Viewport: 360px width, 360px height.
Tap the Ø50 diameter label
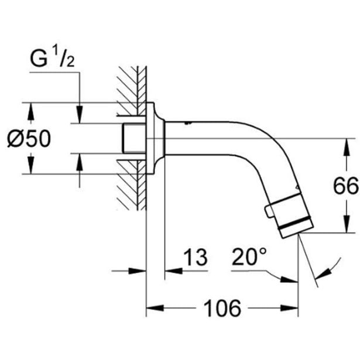[x=29, y=138]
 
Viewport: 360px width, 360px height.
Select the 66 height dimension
[x=346, y=186]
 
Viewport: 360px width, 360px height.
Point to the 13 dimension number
[x=196, y=257]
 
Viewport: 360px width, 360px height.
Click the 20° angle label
[x=249, y=256]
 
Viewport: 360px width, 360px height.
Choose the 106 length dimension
[x=222, y=308]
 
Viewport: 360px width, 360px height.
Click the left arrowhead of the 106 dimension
[x=155, y=308]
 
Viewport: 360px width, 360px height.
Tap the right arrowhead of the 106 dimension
[x=289, y=308]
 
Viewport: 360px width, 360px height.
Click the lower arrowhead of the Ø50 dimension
[x=31, y=165]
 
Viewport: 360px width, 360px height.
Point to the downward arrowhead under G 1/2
[x=80, y=115]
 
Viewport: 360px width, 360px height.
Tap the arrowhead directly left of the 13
[x=174, y=271]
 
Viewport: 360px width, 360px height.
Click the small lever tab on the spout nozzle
[x=269, y=211]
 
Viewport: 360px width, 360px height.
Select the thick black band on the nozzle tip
[x=295, y=224]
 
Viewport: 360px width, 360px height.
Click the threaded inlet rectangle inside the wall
[x=135, y=138]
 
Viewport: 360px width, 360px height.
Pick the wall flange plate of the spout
[x=156, y=138]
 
